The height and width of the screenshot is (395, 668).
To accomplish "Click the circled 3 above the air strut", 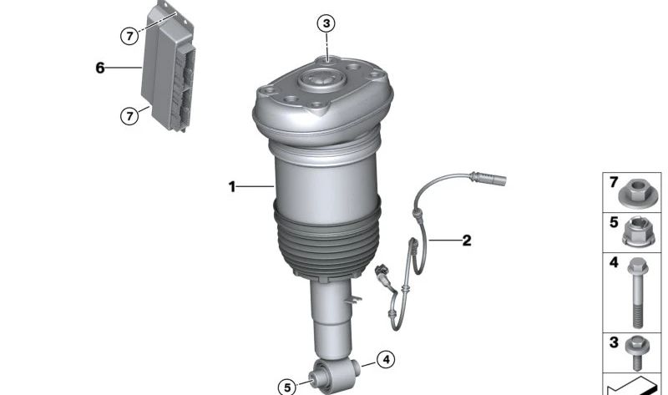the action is tap(326, 23).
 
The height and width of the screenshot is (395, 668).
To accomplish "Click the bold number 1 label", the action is tap(232, 186).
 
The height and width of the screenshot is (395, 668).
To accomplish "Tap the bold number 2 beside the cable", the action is tap(467, 241).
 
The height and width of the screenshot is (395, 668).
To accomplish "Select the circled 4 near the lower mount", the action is tap(386, 360).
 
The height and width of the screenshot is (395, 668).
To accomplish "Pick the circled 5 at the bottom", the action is tap(287, 387).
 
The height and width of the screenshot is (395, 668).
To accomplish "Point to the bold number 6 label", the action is tap(99, 68).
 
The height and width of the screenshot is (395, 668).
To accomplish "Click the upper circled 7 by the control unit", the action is tap(129, 36).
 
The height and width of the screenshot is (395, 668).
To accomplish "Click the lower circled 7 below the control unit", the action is tap(129, 115).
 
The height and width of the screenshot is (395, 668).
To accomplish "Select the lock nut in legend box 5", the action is tap(638, 232).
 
